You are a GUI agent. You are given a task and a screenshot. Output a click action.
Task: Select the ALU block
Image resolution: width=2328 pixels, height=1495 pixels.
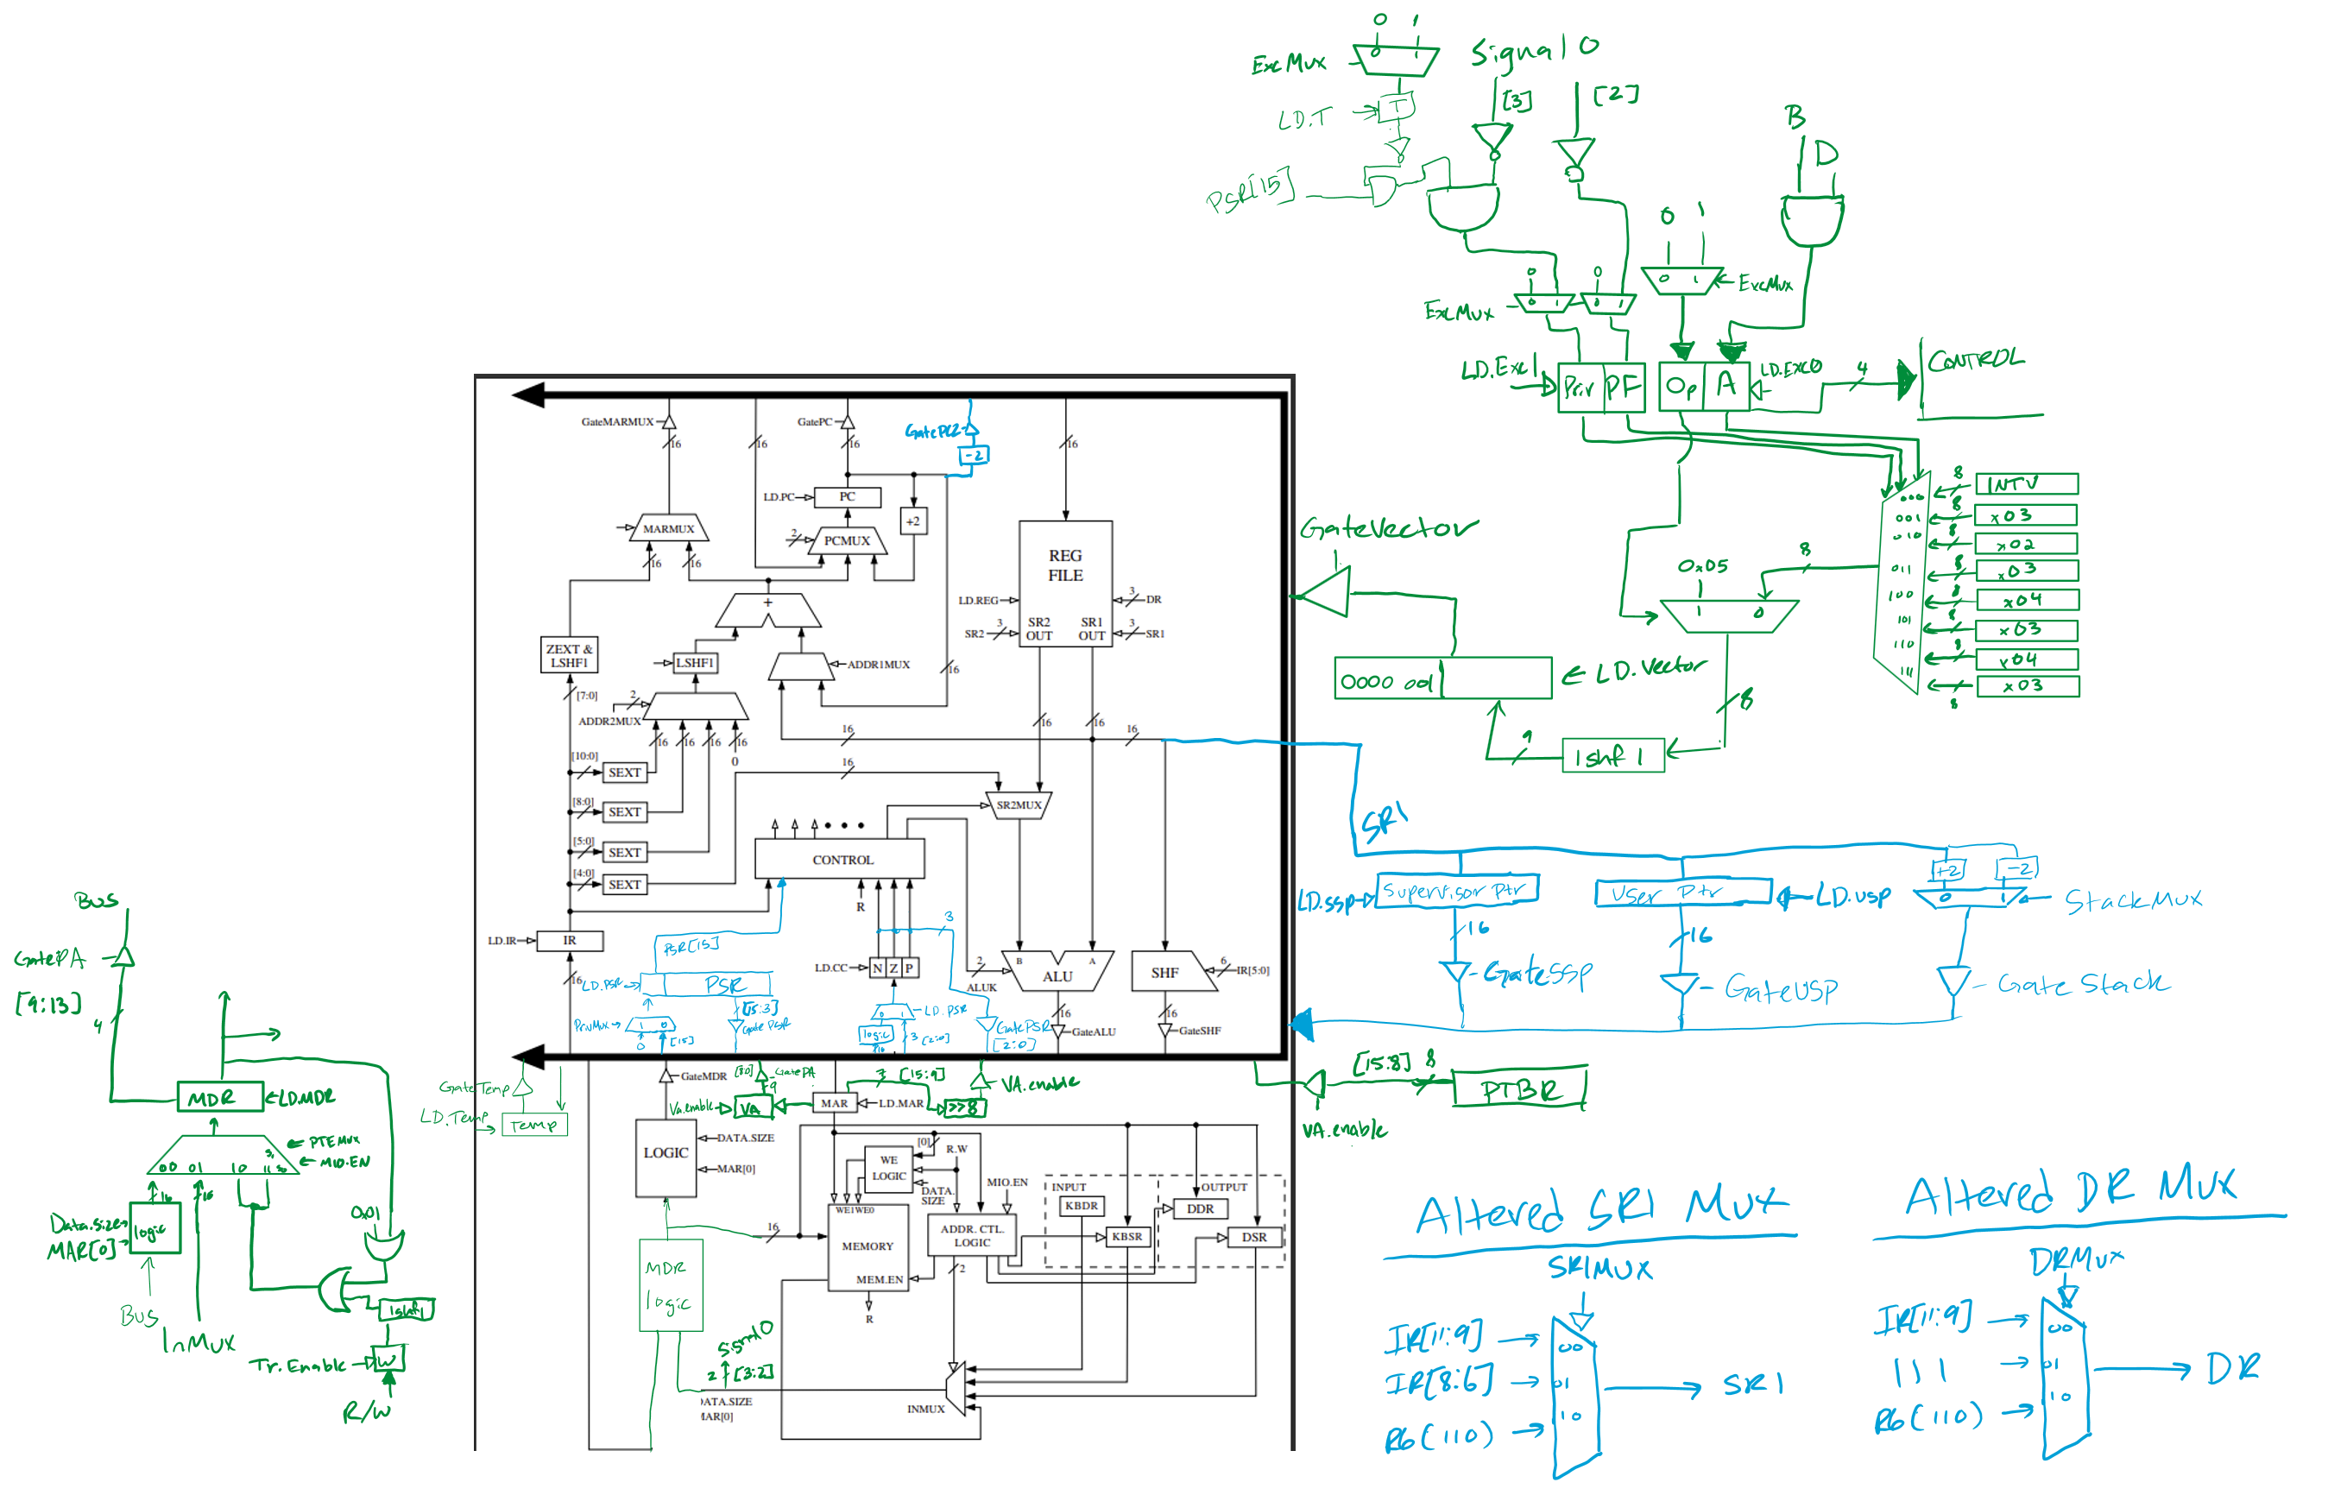(1057, 975)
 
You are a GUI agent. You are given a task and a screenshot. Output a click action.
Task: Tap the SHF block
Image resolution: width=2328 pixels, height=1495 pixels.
(1165, 972)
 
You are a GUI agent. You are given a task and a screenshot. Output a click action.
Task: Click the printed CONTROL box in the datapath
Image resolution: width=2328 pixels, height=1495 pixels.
(841, 859)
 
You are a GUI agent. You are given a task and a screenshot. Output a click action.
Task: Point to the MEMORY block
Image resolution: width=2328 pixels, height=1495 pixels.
(867, 1246)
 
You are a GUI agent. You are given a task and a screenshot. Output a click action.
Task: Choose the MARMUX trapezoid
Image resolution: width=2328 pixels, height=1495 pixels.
(668, 528)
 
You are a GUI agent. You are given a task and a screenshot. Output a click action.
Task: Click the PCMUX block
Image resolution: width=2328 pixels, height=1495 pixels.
(847, 539)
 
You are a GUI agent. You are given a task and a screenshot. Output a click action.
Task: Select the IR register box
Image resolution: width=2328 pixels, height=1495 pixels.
(570, 940)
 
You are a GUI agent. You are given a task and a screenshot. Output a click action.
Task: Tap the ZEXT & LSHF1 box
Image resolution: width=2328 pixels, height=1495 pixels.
(569, 655)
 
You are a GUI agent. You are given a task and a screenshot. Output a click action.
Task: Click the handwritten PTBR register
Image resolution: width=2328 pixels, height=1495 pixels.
(1519, 1089)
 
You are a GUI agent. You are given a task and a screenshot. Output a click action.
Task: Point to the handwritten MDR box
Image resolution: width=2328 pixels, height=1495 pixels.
(219, 1097)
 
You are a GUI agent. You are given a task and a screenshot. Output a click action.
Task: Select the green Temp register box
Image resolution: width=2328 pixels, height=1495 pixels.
(534, 1124)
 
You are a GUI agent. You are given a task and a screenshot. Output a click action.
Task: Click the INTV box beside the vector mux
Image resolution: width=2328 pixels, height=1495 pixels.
(2025, 483)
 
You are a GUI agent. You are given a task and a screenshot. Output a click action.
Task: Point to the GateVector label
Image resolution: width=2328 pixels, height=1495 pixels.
(1387, 528)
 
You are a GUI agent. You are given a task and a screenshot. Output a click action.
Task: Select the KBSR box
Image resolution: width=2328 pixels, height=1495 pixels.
(1127, 1236)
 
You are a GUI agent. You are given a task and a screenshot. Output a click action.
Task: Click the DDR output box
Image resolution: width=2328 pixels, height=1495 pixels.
(1200, 1208)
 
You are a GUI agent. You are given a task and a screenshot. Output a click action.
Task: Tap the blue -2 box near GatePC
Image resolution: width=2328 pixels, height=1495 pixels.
(974, 454)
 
